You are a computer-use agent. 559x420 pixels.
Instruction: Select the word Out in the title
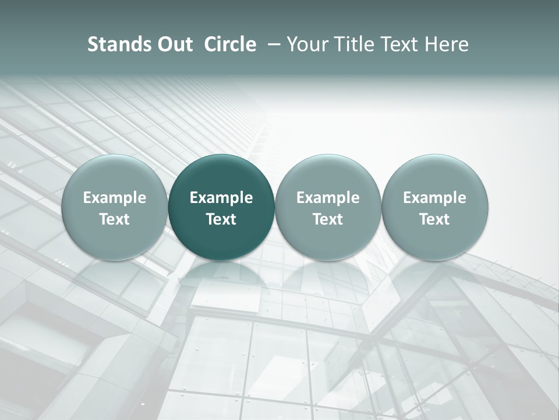174,44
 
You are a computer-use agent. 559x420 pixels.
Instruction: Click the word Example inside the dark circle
221,198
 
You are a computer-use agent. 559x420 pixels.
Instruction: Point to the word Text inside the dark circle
221,219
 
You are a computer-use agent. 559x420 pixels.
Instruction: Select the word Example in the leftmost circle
114,198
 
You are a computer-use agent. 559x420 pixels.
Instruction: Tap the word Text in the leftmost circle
114,219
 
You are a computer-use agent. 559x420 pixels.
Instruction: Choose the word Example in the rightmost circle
434,198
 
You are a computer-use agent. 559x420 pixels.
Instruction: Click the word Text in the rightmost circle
434,219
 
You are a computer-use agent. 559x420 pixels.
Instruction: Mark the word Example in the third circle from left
328,198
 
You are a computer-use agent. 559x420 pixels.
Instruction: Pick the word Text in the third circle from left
328,219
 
